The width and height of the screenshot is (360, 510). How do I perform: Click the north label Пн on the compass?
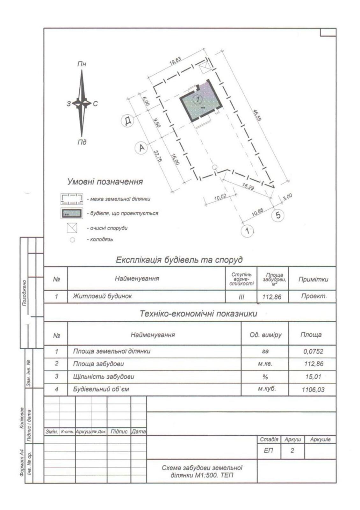click(x=82, y=64)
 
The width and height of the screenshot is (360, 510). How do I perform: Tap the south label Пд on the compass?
click(x=82, y=142)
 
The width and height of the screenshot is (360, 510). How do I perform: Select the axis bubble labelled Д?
click(x=127, y=121)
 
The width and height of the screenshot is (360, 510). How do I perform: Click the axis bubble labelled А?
click(x=141, y=148)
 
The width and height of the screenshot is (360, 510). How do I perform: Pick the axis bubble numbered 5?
click(x=278, y=215)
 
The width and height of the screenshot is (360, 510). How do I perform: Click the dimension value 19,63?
click(x=175, y=61)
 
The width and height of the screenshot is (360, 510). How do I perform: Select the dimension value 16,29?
click(x=248, y=187)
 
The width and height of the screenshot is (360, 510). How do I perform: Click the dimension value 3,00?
click(x=287, y=197)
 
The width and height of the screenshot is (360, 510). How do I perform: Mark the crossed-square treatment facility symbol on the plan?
click(x=204, y=68)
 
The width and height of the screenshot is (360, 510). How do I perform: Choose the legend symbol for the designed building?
click(x=72, y=213)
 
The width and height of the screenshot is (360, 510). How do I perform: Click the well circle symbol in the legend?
click(x=72, y=240)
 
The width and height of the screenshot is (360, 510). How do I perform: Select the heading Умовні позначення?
click(x=105, y=182)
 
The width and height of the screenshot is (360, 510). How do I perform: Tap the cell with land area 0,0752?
click(x=313, y=351)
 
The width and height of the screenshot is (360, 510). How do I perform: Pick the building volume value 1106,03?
click(x=313, y=389)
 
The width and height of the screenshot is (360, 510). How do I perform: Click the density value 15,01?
click(x=313, y=376)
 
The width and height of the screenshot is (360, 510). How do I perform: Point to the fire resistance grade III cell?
click(x=241, y=297)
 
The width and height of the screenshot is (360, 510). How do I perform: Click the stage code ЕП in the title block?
click(x=269, y=451)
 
